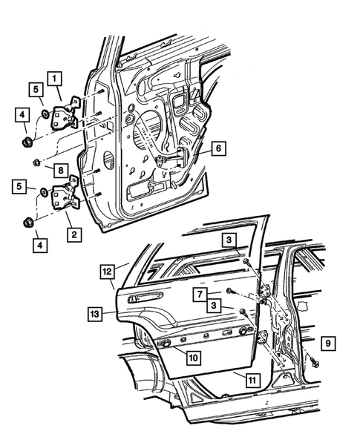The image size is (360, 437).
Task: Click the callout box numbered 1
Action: (x=56, y=76)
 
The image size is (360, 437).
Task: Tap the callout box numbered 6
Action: (x=217, y=148)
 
